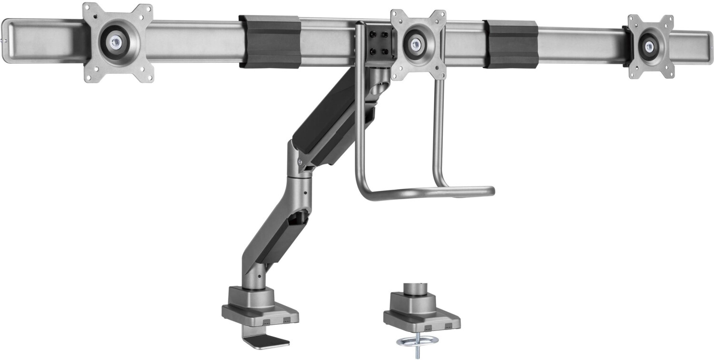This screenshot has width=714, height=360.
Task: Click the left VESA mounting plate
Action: [118, 43]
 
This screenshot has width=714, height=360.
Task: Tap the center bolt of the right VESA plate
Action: [649, 46]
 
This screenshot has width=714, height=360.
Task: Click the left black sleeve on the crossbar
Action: [269, 41]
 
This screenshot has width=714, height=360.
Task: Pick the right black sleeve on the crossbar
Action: [510, 44]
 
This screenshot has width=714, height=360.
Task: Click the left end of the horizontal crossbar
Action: [19, 40]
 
